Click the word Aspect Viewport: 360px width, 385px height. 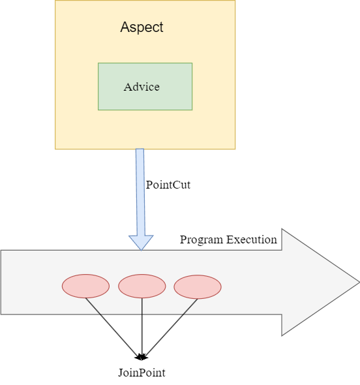point(142,27)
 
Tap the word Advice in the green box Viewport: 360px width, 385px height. point(142,87)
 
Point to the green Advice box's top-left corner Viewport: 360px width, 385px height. point(98,63)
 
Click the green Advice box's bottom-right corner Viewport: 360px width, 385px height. point(192,110)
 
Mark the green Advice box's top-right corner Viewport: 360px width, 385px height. point(192,63)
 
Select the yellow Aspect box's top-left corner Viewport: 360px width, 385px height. point(55,1)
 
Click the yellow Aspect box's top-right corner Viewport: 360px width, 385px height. point(235,1)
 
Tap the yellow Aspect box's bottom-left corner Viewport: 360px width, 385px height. point(55,149)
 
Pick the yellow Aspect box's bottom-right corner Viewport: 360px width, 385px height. point(235,149)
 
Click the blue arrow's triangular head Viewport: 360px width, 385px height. point(141,242)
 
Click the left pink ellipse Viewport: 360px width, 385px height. point(85,286)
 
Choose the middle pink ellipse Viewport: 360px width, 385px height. point(142,286)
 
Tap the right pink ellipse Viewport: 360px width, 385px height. point(198,287)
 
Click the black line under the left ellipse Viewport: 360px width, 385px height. point(93,306)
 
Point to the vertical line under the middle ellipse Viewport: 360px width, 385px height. point(142,306)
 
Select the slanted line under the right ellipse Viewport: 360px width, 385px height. point(190,306)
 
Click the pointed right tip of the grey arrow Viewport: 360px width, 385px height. point(358,283)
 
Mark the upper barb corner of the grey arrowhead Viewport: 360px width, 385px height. point(282,230)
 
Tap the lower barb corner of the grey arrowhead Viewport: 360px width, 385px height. point(282,335)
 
